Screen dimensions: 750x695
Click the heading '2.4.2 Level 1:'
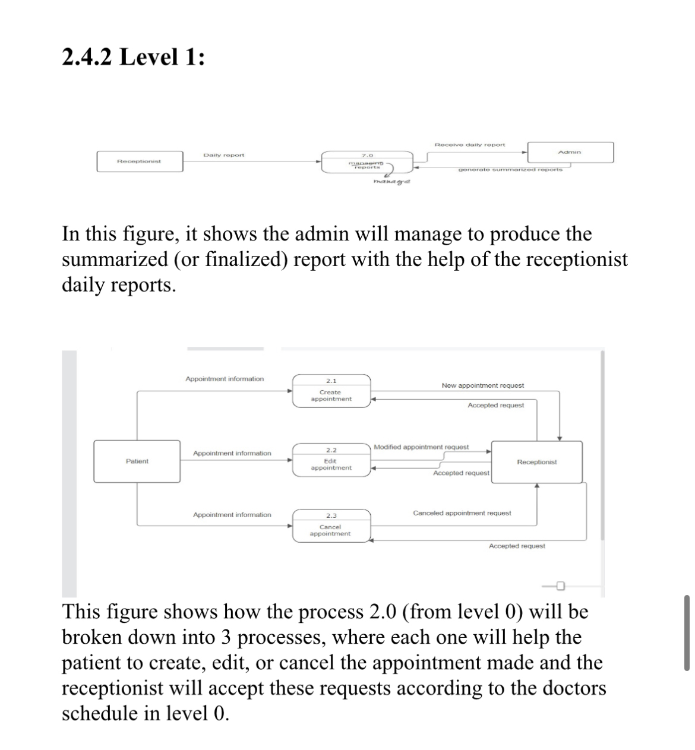click(133, 58)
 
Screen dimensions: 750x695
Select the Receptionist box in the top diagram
click(140, 162)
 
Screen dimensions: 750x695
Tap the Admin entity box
click(570, 153)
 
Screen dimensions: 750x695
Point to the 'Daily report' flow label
click(223, 155)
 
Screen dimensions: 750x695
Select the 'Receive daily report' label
click(469, 144)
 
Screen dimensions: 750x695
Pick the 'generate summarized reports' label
click(510, 170)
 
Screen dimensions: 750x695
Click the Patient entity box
click(137, 461)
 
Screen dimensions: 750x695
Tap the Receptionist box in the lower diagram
click(537, 461)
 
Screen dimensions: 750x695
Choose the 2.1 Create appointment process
click(331, 391)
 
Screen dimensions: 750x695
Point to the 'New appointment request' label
click(482, 385)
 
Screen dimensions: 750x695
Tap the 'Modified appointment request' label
click(421, 447)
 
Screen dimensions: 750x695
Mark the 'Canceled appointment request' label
click(462, 513)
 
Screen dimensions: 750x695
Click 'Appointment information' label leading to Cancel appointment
click(232, 515)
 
